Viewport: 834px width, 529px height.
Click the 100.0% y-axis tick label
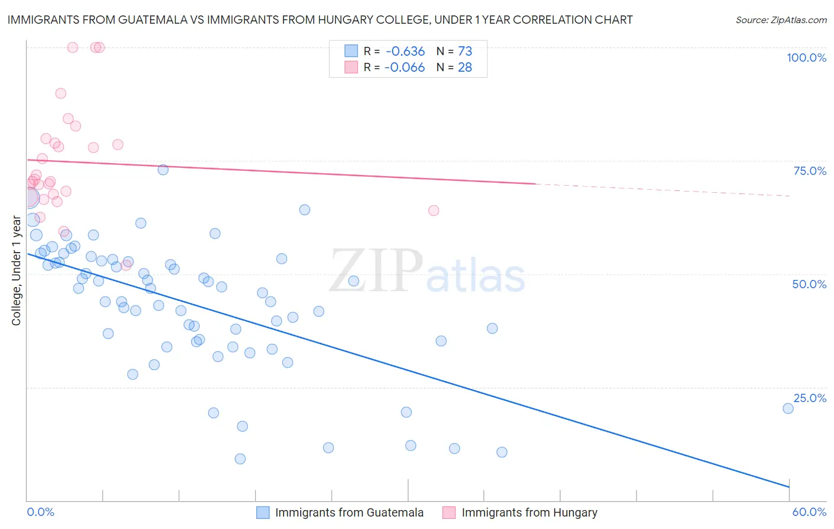[x=806, y=58]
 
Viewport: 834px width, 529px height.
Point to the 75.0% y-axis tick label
[x=810, y=171]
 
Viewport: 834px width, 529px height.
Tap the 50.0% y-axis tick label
[x=809, y=284]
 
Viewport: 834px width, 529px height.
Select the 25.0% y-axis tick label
[x=810, y=398]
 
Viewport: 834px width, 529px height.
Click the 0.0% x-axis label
[x=41, y=512]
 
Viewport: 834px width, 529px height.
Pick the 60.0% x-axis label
[x=809, y=512]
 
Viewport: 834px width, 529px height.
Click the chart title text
[x=320, y=20]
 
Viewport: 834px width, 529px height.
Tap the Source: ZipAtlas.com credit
[x=781, y=20]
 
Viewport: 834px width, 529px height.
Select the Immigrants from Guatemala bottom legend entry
[x=349, y=512]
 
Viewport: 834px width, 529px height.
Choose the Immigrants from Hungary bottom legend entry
[x=529, y=512]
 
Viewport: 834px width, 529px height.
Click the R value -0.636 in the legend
[x=405, y=52]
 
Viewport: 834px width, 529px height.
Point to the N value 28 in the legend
[x=465, y=68]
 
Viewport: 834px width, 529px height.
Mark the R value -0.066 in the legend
[x=405, y=68]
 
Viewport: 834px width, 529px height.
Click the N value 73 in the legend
[x=465, y=52]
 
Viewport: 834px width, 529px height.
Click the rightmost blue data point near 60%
[x=788, y=408]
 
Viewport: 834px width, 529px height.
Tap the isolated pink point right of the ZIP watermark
[x=434, y=211]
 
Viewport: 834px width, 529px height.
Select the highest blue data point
[x=163, y=170]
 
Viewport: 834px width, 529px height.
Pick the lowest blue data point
[x=240, y=458]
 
